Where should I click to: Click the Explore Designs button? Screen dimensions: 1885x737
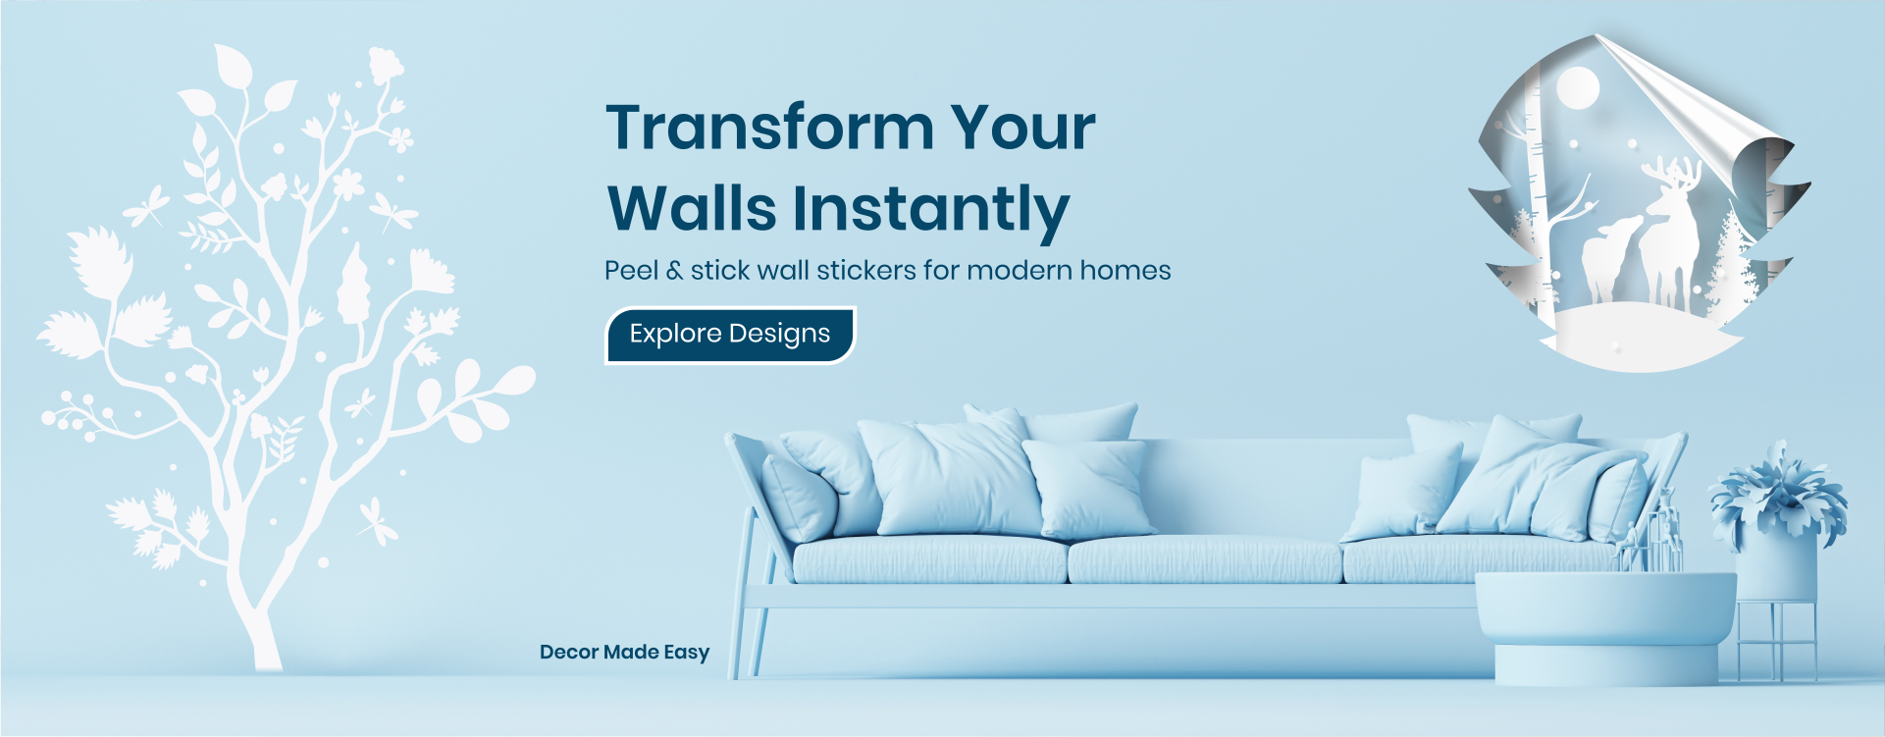pyautogui.click(x=730, y=335)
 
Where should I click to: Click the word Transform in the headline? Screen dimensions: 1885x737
pyautogui.click(x=770, y=129)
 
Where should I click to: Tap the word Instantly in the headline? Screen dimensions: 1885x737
pyautogui.click(x=930, y=210)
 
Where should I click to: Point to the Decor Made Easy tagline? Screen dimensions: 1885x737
pyautogui.click(x=624, y=653)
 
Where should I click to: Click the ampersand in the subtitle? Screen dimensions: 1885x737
pyautogui.click(x=674, y=271)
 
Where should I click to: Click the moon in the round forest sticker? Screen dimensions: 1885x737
pyautogui.click(x=1578, y=87)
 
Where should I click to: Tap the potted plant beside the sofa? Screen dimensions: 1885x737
pyautogui.click(x=1778, y=520)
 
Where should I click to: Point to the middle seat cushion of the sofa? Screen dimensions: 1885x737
pyautogui.click(x=1205, y=559)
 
